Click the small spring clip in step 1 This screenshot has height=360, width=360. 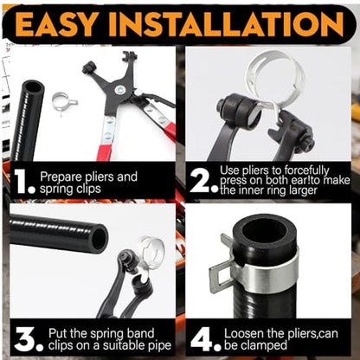[x=64, y=103]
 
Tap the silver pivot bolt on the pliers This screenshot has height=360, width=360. [x=119, y=90]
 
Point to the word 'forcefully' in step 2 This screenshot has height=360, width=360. [x=306, y=170]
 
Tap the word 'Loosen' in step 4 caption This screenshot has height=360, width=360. [x=244, y=333]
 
